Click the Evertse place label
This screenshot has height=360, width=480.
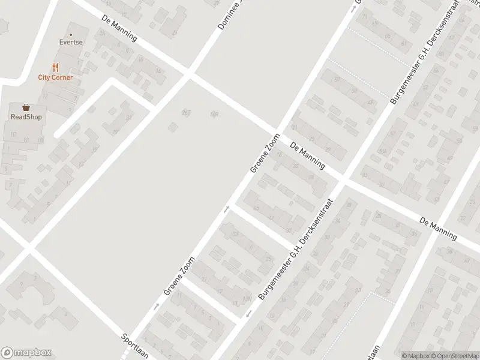pos(70,43)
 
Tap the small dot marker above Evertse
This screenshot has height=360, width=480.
pos(70,35)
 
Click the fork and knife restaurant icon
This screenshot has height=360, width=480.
pos(55,67)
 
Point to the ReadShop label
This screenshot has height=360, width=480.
pos(26,117)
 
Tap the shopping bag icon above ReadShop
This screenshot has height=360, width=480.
pos(26,107)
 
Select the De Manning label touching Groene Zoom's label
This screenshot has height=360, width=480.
pos(307,156)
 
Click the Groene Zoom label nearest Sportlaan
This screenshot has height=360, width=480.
pos(180,277)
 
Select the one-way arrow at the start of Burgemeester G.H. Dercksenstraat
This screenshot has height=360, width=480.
pos(248,314)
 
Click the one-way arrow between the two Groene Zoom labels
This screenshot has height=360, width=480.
pos(227,209)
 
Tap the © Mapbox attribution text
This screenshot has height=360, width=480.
pos(416,355)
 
